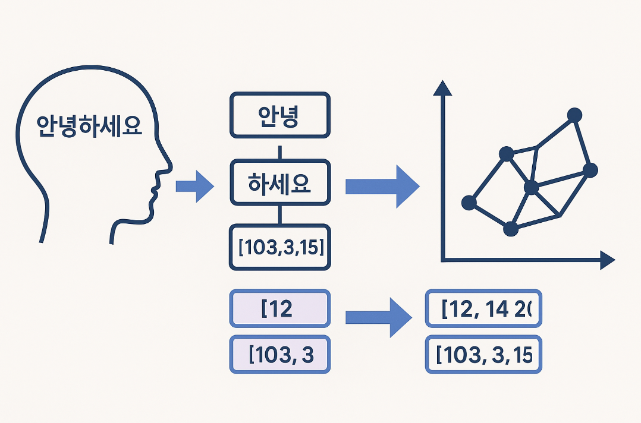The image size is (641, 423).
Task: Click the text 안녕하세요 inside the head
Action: tap(90, 125)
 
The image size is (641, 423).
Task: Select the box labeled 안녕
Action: tap(279, 115)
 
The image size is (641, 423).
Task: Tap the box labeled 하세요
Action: tap(279, 182)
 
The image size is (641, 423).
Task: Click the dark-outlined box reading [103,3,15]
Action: tap(279, 247)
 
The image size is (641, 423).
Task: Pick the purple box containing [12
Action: tap(279, 308)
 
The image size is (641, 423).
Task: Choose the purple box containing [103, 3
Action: tap(279, 355)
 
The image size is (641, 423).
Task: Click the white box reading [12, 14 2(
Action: tap(483, 308)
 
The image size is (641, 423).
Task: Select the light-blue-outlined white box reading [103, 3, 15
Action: tap(483, 355)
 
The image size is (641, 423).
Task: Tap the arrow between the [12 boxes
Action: tap(378, 317)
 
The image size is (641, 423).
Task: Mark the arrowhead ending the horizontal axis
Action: tap(607, 260)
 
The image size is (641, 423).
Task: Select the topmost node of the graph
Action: tap(574, 115)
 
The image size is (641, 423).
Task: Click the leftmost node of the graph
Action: tap(469, 203)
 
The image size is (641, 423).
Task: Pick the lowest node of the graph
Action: tap(510, 229)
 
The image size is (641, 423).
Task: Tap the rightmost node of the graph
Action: tap(590, 171)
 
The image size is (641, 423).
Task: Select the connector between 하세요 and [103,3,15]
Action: tap(279, 214)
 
